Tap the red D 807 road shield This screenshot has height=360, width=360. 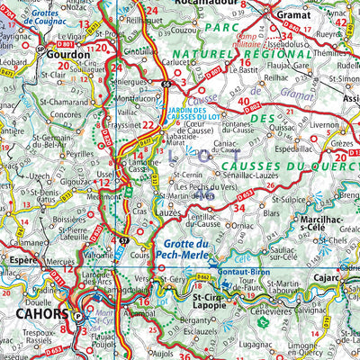[x=213, y=67]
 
